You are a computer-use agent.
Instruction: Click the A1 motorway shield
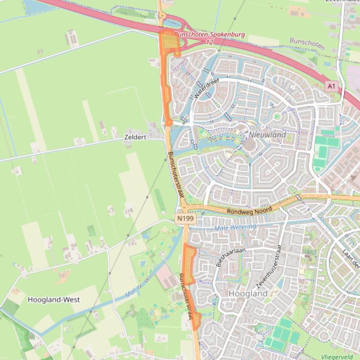tap(331, 86)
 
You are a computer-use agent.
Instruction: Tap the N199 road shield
tap(186, 218)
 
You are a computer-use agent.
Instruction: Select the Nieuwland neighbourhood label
tap(267, 135)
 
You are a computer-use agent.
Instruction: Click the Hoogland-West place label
tap(53, 300)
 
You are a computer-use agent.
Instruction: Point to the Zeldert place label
tap(135, 137)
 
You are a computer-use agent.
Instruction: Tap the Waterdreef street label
tap(206, 88)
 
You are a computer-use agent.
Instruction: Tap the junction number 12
tap(209, 42)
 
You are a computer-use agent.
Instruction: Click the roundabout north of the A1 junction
tap(162, 15)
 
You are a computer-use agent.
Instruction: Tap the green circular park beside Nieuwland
tap(277, 116)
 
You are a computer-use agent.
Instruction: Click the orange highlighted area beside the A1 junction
tap(170, 43)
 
